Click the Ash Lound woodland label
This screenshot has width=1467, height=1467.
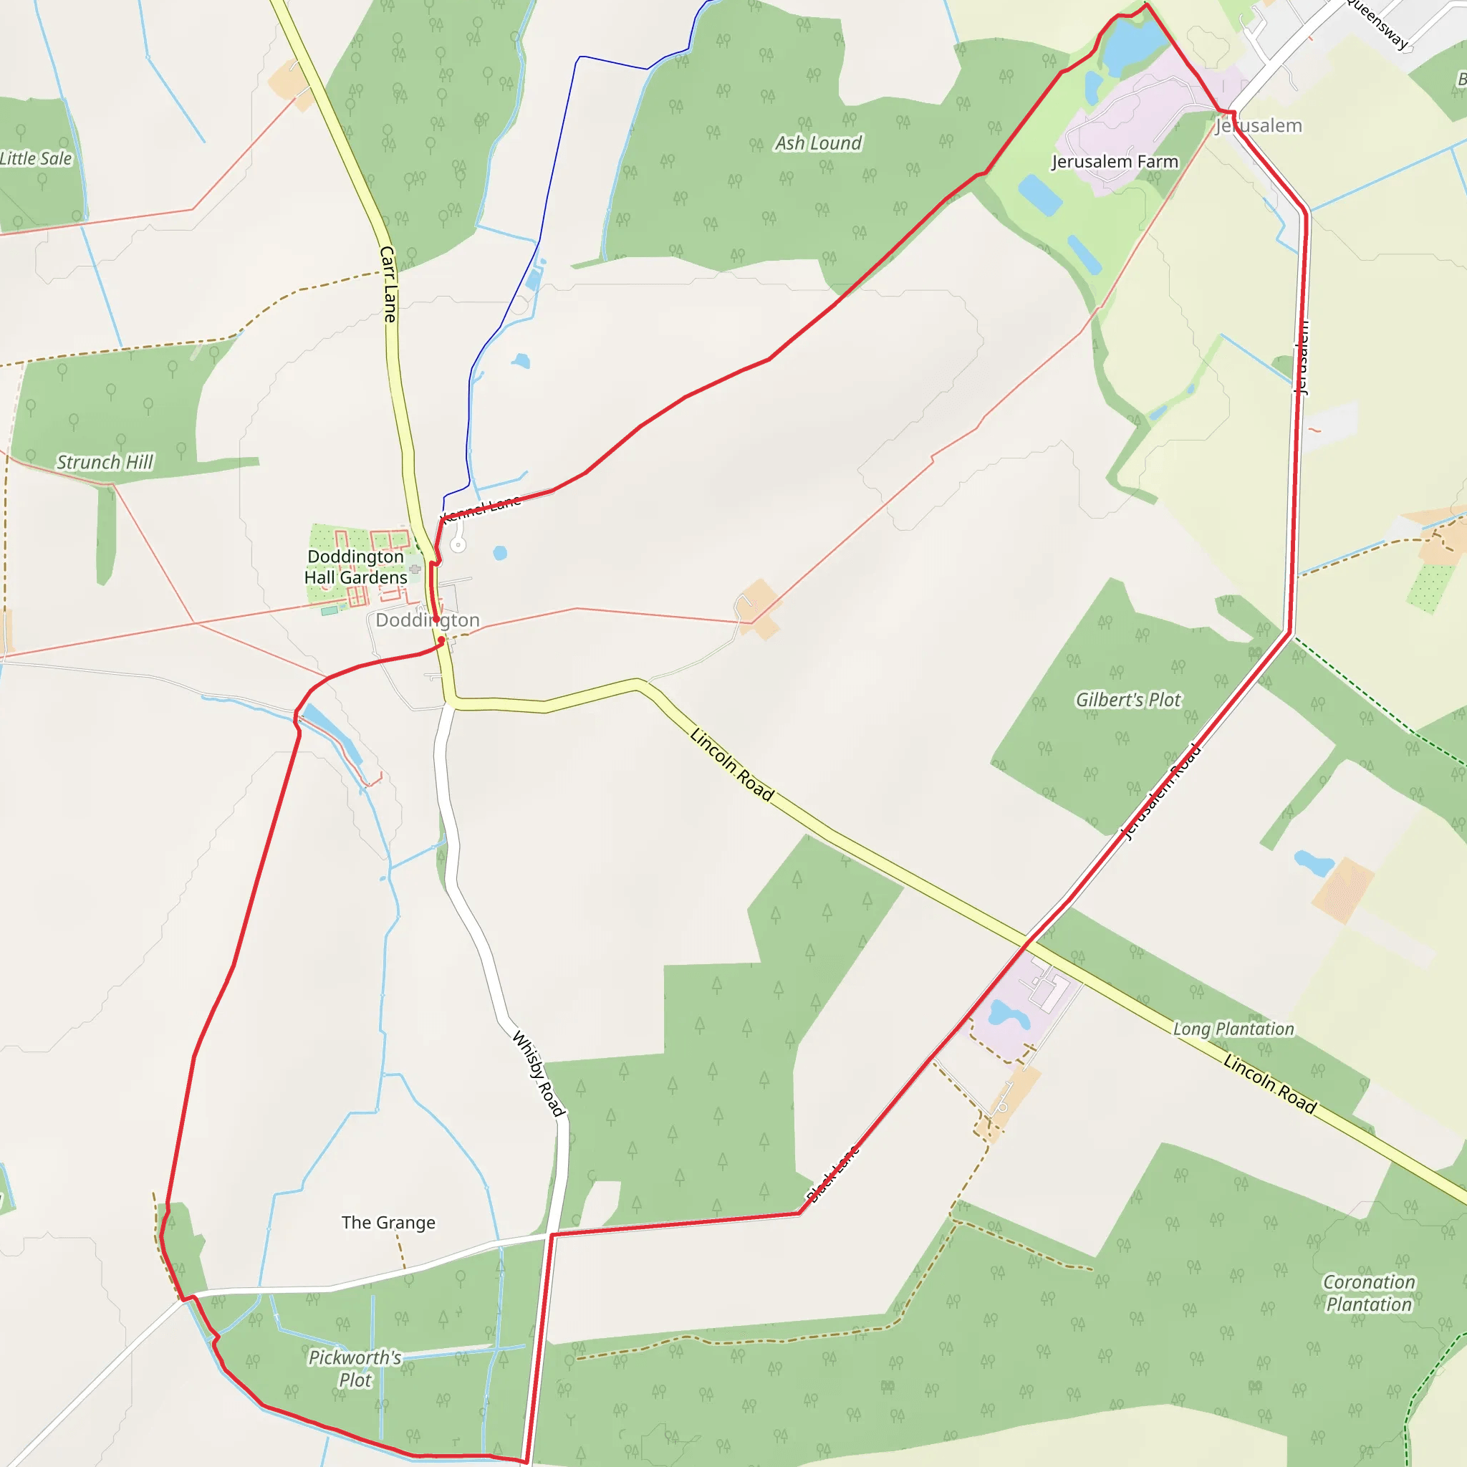818,143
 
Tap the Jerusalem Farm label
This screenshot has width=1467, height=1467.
1114,162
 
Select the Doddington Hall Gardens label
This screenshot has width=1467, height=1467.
355,567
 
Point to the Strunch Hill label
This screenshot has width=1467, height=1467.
105,462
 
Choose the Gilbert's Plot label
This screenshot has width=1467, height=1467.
1127,699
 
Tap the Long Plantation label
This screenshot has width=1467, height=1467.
1233,1029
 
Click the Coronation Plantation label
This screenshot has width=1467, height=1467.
1368,1292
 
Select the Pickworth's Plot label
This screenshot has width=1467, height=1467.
355,1368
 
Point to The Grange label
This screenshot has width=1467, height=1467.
388,1223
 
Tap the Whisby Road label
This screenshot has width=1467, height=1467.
539,1074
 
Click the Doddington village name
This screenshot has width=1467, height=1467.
428,620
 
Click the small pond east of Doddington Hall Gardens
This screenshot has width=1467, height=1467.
500,553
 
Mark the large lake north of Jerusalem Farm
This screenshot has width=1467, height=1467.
1131,44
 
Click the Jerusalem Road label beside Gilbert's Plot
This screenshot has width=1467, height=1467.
1162,792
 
